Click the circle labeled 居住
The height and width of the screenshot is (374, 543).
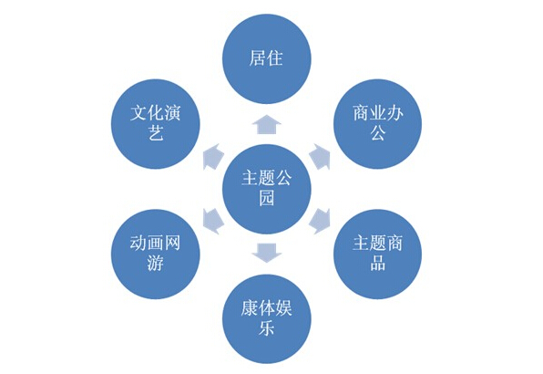coord(267,59)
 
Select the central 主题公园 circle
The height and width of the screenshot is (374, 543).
coord(267,189)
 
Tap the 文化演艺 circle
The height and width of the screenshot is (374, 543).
coord(156,124)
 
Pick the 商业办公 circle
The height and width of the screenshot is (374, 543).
coord(377,124)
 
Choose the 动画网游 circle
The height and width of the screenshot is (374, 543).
coord(156,255)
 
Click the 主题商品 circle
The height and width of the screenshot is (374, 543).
coord(377,255)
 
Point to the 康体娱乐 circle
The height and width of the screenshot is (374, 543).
coord(267,319)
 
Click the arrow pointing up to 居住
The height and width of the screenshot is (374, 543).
coord(267,124)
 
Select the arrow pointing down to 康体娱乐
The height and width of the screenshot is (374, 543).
coord(267,253)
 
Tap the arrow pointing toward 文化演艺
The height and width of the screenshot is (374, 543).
coord(212,157)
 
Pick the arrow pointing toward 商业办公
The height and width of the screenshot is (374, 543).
coord(320,157)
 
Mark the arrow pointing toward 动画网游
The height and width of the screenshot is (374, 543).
coord(212,221)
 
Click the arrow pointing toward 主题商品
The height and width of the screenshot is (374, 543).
coord(320,221)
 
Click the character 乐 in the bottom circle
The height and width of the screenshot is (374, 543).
coord(267,327)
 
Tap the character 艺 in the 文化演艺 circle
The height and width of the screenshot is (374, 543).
coord(156,132)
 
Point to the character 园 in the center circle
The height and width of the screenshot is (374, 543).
coord(267,198)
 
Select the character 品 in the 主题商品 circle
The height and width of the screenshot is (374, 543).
coord(377,263)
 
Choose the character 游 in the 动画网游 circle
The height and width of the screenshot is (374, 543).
coord(156,263)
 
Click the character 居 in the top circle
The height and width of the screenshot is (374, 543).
coord(258,57)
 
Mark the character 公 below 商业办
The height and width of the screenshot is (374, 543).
coord(377,132)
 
